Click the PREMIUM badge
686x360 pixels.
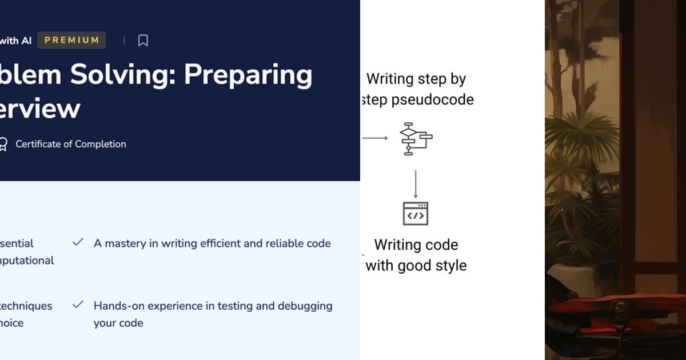71,40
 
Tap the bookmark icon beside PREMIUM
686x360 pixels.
143,41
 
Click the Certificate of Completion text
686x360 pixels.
71,144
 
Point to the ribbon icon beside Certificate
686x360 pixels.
3,144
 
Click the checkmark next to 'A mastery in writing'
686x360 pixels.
78,243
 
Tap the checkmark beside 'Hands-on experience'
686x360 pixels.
78,305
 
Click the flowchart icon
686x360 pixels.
415,138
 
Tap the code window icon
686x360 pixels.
416,214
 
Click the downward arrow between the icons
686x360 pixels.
416,184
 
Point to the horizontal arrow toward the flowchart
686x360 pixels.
375,138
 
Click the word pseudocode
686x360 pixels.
433,99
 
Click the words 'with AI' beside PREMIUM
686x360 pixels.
15,41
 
